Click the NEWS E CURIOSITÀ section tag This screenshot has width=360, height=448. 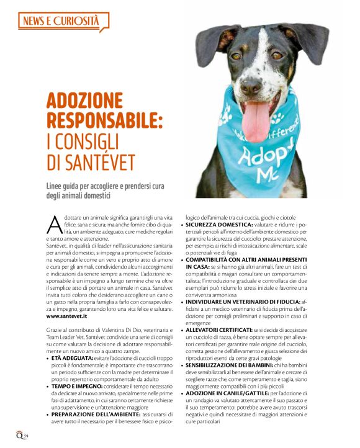click(61, 22)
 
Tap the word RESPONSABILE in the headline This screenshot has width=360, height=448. click(104, 120)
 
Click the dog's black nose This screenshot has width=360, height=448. click(251, 87)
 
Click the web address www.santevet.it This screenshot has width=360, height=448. click(66, 316)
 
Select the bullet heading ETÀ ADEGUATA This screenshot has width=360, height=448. click(72, 358)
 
